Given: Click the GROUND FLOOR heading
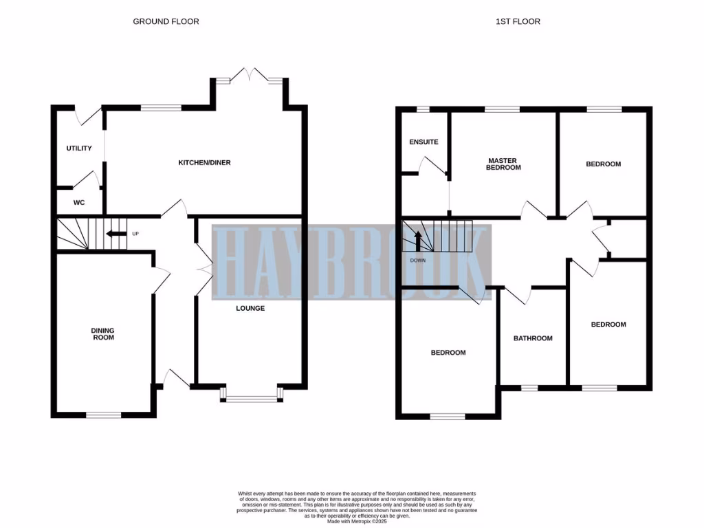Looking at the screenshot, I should [x=166, y=21].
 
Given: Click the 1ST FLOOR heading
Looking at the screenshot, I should [x=518, y=21].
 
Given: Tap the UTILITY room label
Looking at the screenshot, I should [x=79, y=148].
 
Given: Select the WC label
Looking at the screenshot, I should [x=78, y=203].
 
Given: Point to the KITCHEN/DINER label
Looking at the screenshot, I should [x=204, y=163].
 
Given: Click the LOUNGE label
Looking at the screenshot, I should [x=250, y=308].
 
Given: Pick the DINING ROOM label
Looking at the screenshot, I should [x=102, y=334].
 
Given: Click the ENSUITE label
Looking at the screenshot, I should [x=423, y=142].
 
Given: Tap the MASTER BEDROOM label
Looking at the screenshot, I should [x=503, y=164].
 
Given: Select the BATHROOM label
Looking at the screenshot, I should [x=533, y=338].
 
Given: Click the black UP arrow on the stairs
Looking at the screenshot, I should [x=115, y=234].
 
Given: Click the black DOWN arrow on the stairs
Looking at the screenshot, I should [x=417, y=242].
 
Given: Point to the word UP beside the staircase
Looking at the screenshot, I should [x=135, y=234].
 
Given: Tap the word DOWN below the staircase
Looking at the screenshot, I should [x=417, y=261].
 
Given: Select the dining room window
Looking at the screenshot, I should [x=103, y=415].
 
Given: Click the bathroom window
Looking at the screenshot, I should [x=529, y=388].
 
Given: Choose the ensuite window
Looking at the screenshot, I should [x=423, y=109].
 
